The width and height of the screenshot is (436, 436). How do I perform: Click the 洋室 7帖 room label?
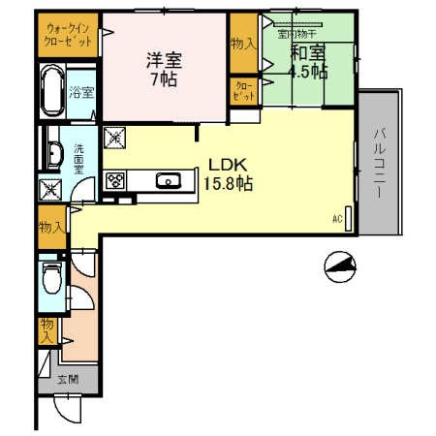click(163, 68)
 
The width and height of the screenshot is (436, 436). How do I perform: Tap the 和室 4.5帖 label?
click(308, 62)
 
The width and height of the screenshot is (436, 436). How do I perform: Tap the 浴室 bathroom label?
click(81, 93)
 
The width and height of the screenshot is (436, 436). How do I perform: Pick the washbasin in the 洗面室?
click(50, 152)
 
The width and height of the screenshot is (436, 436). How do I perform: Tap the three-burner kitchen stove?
click(115, 180)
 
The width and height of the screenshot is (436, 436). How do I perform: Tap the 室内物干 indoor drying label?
click(296, 33)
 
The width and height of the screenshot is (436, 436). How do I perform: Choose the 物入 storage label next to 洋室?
click(241, 44)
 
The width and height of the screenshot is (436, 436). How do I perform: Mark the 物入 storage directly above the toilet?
click(50, 228)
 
